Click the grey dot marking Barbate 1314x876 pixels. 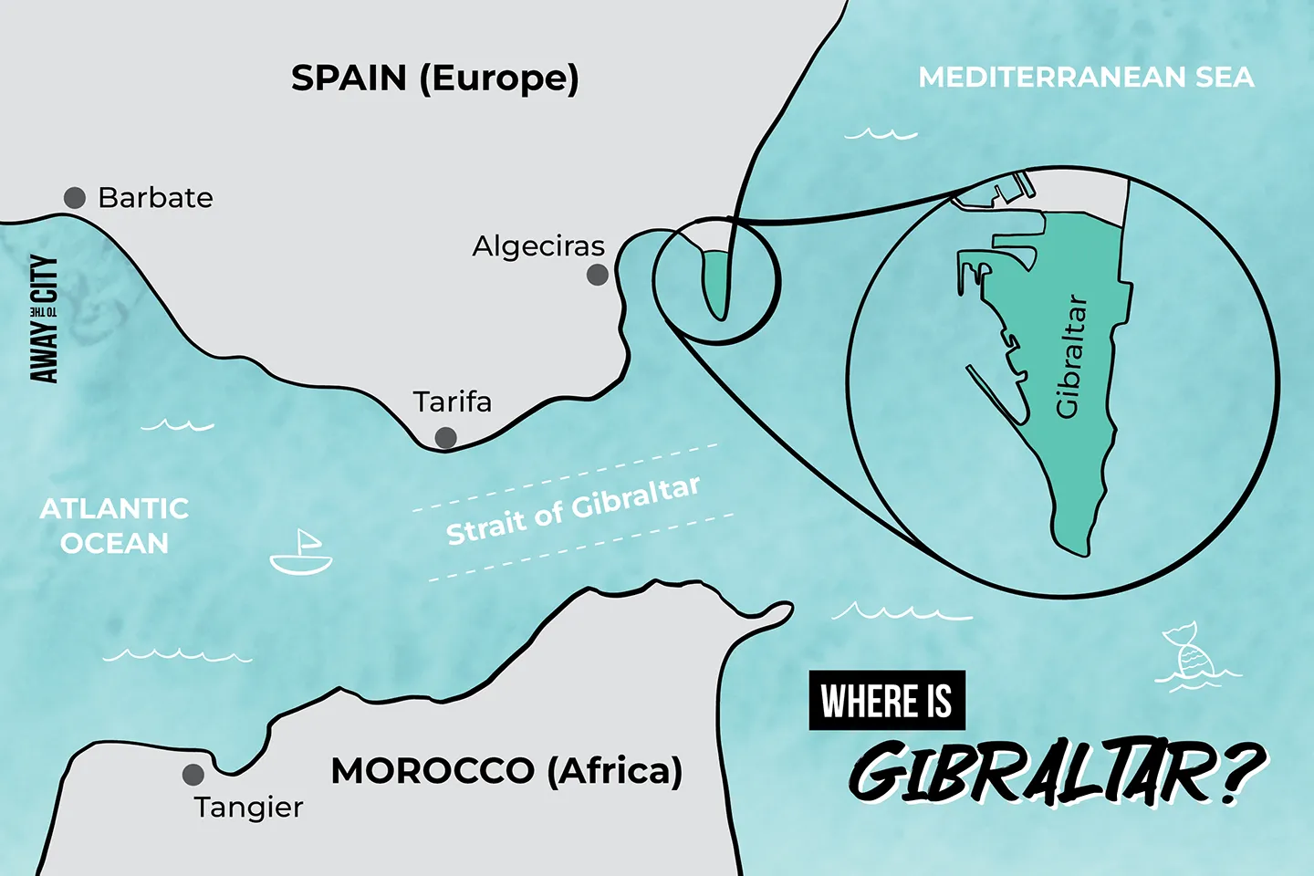[x=75, y=197]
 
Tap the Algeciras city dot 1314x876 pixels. [x=597, y=275]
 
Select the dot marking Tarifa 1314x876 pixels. [x=445, y=438]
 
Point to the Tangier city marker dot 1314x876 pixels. [x=193, y=775]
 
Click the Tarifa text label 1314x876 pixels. [x=452, y=401]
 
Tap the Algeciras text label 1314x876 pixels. [x=538, y=246]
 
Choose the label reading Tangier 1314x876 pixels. [x=248, y=808]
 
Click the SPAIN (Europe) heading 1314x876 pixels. [x=434, y=78]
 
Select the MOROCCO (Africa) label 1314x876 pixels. [x=506, y=771]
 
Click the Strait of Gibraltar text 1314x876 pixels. [x=573, y=511]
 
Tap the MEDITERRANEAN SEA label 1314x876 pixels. [x=1086, y=78]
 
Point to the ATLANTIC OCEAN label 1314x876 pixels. [x=114, y=526]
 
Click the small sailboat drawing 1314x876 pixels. [x=302, y=553]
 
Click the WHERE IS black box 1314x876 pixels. [x=886, y=701]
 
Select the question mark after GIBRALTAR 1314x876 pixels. [x=1241, y=771]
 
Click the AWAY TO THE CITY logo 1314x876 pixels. [x=44, y=318]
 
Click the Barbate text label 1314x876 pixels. [x=155, y=198]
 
